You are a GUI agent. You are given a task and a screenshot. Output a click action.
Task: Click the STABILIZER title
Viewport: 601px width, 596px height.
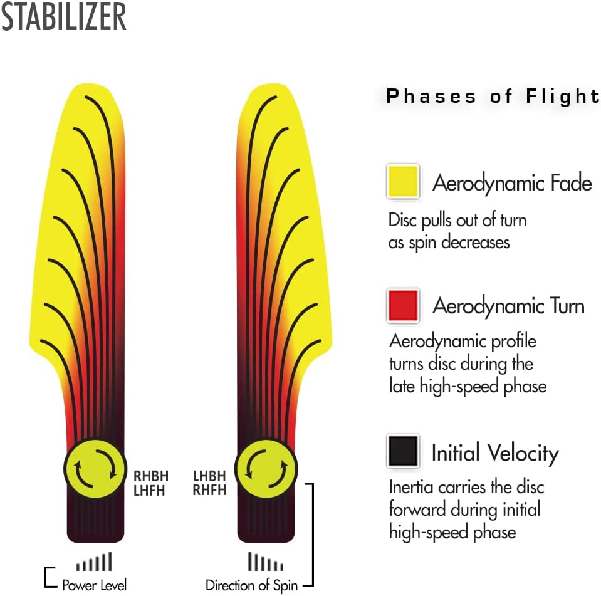click(x=64, y=16)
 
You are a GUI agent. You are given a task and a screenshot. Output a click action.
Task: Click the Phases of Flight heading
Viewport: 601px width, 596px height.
click(x=493, y=96)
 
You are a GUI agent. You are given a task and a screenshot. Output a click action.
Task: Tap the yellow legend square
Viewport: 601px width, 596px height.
click(x=403, y=181)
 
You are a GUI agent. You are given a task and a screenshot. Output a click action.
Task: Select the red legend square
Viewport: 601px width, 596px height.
click(x=403, y=305)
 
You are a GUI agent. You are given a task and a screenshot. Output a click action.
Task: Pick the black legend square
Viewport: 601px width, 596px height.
click(x=403, y=451)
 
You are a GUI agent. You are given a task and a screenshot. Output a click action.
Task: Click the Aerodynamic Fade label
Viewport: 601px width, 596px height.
click(x=512, y=183)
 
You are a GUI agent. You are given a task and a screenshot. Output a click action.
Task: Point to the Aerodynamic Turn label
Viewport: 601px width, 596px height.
click(x=508, y=306)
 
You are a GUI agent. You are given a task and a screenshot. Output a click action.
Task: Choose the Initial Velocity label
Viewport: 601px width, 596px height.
click(x=495, y=453)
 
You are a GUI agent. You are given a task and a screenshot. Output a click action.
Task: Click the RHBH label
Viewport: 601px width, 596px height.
click(x=151, y=476)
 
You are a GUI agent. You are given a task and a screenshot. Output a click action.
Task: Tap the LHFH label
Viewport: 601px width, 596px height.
click(x=149, y=491)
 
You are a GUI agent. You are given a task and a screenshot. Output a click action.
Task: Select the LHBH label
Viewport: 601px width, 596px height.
click(x=209, y=476)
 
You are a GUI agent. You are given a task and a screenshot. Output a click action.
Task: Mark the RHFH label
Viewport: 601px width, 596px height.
click(x=209, y=490)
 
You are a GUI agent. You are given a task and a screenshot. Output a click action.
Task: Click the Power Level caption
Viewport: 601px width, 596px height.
click(x=94, y=585)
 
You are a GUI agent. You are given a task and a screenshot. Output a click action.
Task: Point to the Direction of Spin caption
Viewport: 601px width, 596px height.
click(x=251, y=585)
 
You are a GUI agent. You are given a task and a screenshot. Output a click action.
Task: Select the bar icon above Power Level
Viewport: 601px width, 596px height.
click(x=94, y=561)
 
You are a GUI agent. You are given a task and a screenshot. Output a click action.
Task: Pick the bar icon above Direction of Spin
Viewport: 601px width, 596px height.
click(x=266, y=561)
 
